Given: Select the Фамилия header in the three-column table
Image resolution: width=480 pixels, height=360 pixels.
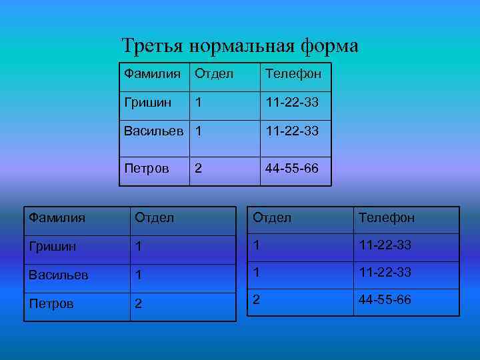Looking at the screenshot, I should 153,74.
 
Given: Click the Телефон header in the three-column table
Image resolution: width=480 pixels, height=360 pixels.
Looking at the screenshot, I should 293,74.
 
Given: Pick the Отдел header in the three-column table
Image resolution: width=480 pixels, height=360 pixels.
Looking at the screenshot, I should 214,74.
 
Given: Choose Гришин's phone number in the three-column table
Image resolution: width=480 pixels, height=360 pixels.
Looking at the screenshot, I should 292,103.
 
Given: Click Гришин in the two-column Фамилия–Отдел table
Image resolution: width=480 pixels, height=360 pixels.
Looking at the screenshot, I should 52,247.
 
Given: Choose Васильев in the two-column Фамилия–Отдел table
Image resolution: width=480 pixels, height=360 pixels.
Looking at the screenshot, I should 58,275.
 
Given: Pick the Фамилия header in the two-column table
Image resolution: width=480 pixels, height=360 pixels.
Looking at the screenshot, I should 57,217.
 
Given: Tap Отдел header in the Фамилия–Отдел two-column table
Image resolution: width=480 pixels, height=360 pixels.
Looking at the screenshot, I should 155,217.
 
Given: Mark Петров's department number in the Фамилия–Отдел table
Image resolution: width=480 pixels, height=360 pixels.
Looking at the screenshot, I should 139,304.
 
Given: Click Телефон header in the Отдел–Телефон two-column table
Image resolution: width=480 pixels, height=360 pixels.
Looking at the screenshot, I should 387,217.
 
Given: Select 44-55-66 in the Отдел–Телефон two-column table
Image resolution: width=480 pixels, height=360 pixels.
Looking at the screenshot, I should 385,300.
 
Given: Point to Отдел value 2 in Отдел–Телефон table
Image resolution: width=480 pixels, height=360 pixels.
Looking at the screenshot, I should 256,299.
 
